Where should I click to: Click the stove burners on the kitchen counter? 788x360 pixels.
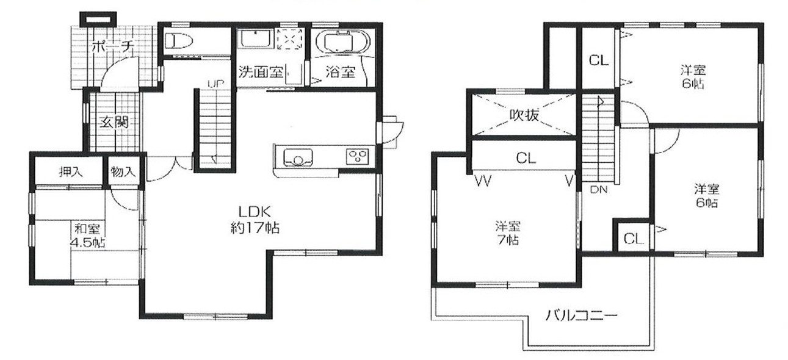[355, 156]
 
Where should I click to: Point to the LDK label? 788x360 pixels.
[251, 212]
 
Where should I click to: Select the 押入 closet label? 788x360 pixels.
[70, 172]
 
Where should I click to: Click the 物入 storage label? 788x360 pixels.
[123, 172]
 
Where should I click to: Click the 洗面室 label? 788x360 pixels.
[261, 72]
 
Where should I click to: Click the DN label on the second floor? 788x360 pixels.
[598, 189]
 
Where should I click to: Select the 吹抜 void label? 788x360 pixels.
[524, 115]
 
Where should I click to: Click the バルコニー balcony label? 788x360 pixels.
[581, 316]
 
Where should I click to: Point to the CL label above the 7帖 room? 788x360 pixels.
[526, 159]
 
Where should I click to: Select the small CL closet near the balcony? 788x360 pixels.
[634, 239]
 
